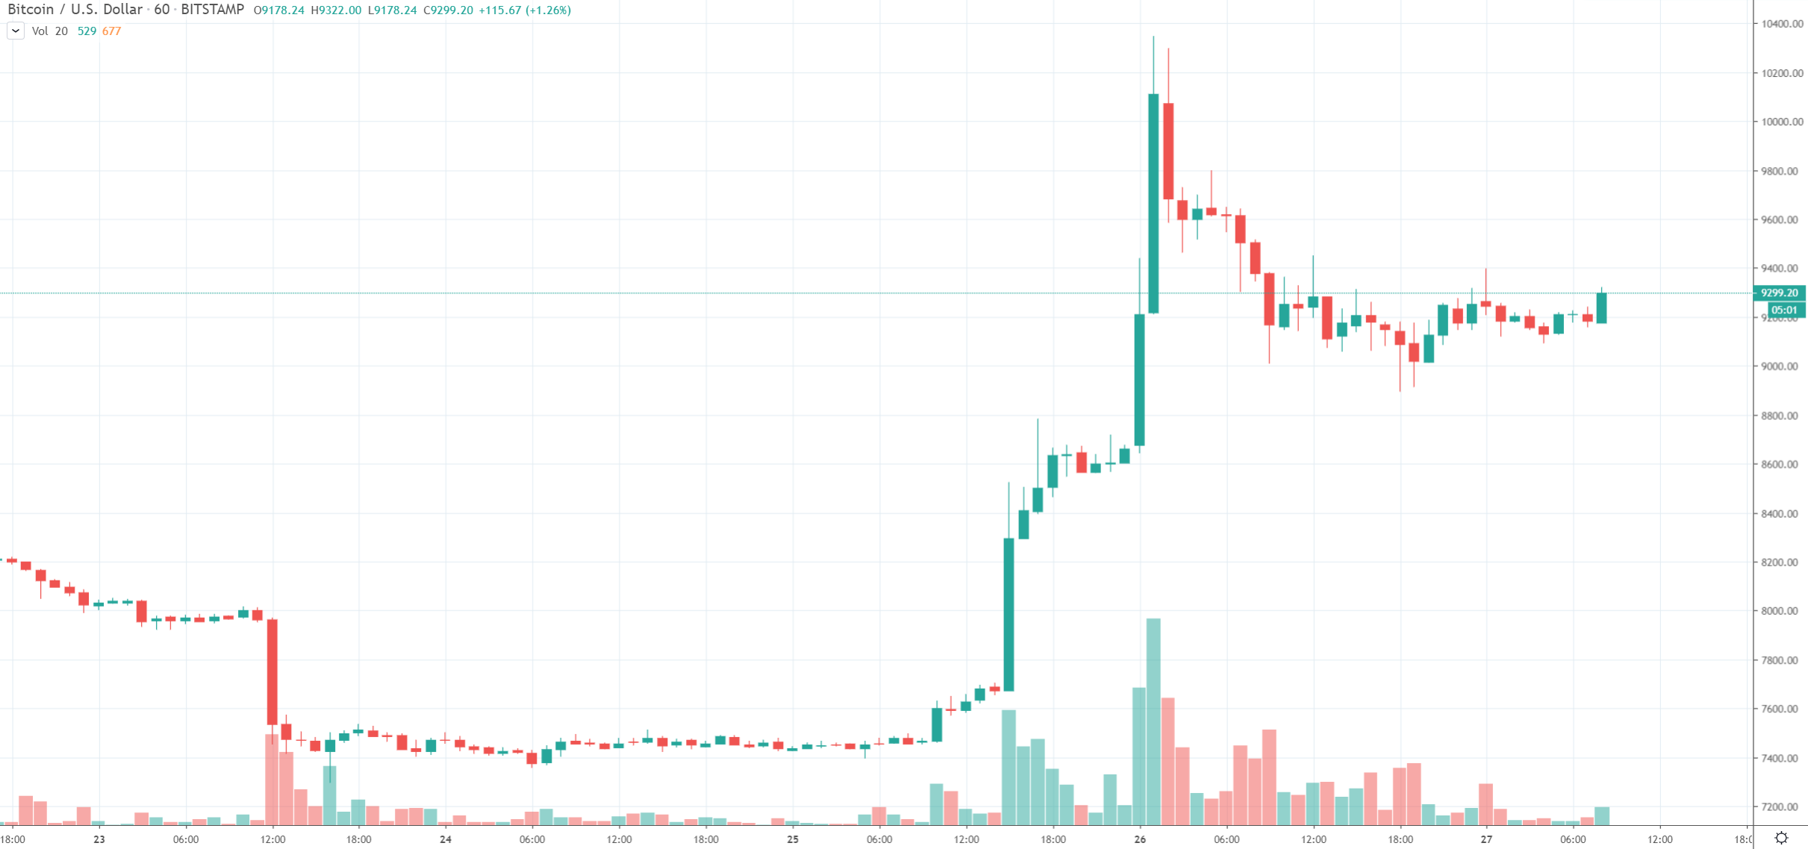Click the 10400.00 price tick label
coord(1781,24)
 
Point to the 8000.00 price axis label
coord(1781,611)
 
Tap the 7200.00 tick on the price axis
coord(1781,806)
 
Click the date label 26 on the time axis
coord(1140,839)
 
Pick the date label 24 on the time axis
coord(446,839)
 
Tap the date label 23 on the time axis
coord(99,839)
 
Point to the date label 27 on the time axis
coord(1486,839)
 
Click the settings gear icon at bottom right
coord(1781,838)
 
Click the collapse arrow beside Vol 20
coord(15,31)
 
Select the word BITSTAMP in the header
coord(212,10)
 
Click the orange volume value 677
coord(111,31)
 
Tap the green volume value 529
coord(87,31)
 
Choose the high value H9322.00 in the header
coord(336,10)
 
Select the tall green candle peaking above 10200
coord(1153,201)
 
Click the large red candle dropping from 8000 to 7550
coord(272,671)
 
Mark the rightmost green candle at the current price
coord(1601,307)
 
